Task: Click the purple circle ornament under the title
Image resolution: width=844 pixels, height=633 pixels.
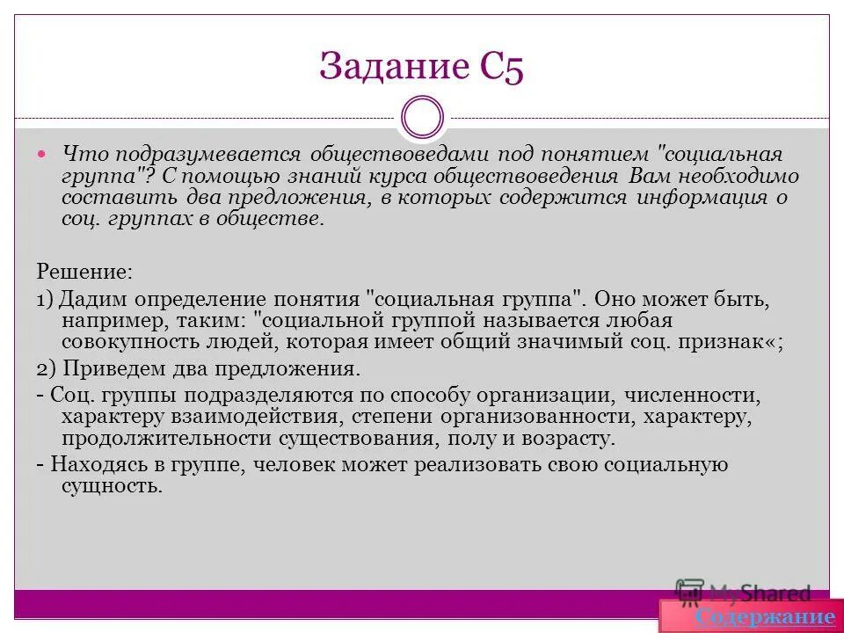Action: (x=422, y=118)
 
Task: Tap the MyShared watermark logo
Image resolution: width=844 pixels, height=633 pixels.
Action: (x=743, y=592)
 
